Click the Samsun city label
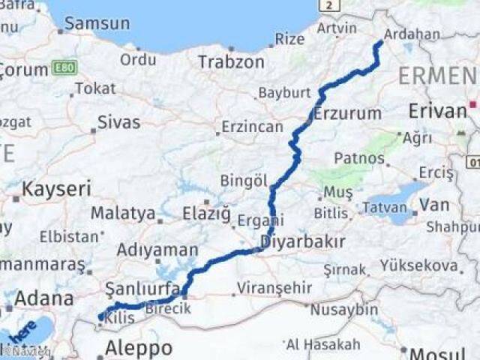(97, 23)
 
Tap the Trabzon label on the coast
(232, 61)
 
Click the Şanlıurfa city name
(142, 289)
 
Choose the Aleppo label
(138, 348)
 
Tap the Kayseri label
(56, 189)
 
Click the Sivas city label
(118, 122)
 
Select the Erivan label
(437, 111)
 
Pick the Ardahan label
(412, 34)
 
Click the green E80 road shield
(64, 69)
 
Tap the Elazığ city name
(206, 214)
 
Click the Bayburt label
(284, 93)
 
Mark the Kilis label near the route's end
(120, 318)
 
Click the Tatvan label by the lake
(385, 205)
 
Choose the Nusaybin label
(344, 309)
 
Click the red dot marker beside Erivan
(472, 103)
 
